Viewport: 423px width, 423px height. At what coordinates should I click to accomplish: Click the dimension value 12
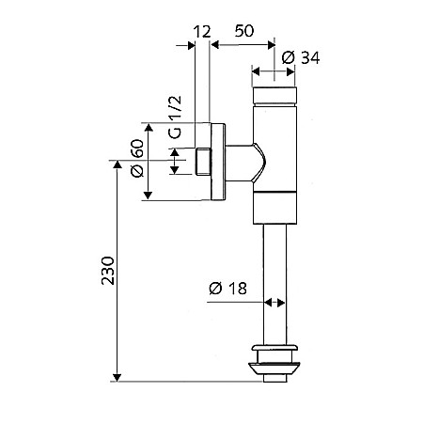coord(202,32)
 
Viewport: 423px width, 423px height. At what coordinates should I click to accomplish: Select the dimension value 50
coord(244,31)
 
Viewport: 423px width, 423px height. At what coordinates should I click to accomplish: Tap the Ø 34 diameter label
coord(301,58)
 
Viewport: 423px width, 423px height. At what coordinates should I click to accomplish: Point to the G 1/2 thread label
coord(175,117)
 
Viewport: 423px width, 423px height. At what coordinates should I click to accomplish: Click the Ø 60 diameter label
coord(137,158)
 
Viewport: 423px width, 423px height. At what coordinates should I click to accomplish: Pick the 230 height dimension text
coord(107,271)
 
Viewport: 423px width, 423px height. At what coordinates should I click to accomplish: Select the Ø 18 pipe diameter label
coord(227,289)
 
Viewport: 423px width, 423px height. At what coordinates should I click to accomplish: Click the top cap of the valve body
coord(274,96)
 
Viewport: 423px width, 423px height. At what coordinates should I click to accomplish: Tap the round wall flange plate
coord(218,162)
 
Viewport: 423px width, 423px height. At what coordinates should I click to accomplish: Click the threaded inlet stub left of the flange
coord(203,162)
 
